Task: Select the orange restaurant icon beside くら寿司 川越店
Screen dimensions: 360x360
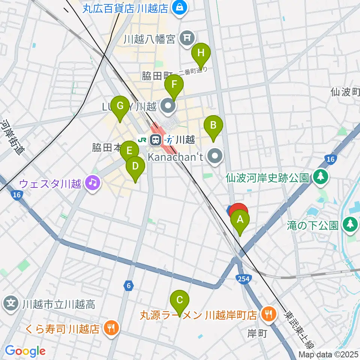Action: click(111, 328)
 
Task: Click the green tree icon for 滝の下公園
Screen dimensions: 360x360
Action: click(350, 225)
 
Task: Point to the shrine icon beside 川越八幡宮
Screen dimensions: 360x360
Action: click(187, 38)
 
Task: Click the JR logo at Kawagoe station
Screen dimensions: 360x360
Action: click(142, 140)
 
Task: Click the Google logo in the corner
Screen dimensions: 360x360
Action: click(25, 351)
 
